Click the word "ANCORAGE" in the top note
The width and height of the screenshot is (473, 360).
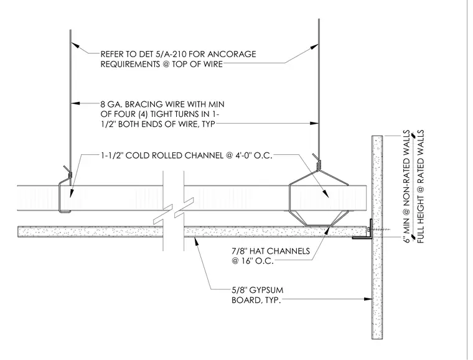click(232, 54)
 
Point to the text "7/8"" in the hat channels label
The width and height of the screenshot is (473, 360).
click(239, 251)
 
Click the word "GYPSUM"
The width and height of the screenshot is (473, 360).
click(266, 290)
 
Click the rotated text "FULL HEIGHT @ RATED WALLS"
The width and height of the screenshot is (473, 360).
click(420, 187)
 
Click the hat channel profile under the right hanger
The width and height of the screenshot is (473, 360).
click(319, 218)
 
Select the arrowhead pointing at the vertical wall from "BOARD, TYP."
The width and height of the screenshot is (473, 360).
click(368, 299)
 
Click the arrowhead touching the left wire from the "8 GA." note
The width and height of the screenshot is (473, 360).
click(75, 103)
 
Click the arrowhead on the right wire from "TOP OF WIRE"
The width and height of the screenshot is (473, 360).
click(314, 47)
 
